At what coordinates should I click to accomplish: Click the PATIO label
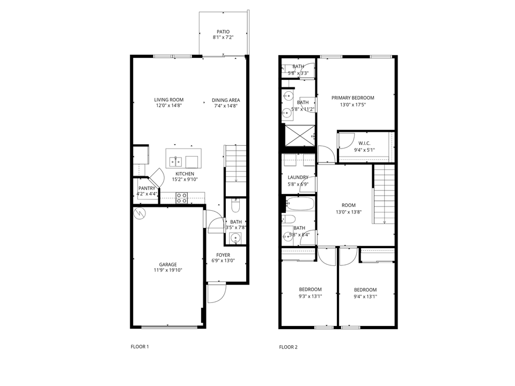click(223, 32)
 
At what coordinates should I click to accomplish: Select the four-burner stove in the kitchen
click(182, 199)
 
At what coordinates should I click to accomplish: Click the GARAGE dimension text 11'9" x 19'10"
click(167, 271)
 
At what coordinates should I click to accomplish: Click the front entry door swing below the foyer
click(216, 292)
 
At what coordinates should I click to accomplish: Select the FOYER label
click(223, 255)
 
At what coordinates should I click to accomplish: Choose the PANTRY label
click(146, 188)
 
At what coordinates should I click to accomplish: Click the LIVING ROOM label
click(169, 100)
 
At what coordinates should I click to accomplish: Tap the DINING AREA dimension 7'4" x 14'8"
click(225, 106)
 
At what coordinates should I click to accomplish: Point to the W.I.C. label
click(364, 144)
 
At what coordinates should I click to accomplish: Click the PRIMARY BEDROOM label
click(352, 98)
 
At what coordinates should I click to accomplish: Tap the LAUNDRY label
click(298, 177)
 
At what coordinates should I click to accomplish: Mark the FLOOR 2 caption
click(288, 347)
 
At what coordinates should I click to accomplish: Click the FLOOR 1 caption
click(139, 347)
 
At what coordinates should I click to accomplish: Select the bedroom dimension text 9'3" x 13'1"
click(310, 296)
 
